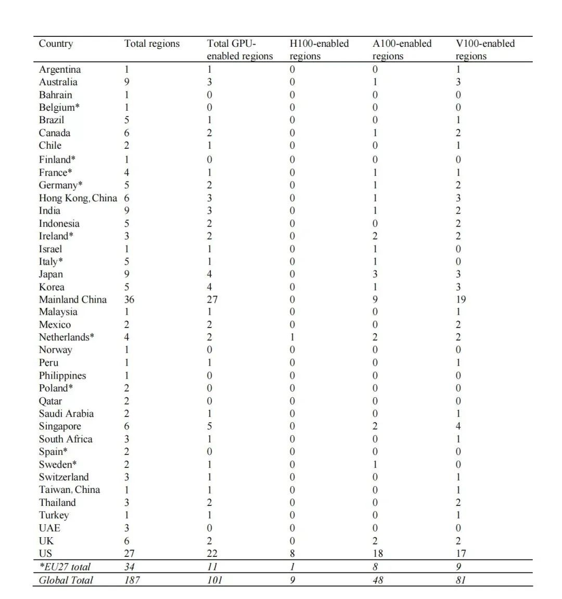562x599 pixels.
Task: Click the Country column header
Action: click(56, 44)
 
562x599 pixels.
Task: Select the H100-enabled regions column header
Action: click(318, 49)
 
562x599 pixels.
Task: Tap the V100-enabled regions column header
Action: click(485, 49)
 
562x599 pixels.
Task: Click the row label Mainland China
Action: click(72, 299)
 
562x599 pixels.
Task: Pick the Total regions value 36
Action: click(129, 299)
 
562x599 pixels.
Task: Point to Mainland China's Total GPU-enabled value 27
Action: click(212, 299)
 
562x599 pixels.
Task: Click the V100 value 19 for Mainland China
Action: click(461, 299)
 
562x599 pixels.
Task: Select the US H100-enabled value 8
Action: click(292, 553)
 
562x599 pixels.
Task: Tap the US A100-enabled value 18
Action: click(378, 553)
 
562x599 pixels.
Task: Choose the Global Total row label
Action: click(66, 580)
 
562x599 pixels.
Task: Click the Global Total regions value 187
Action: click(132, 580)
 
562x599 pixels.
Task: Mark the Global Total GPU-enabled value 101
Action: click(214, 580)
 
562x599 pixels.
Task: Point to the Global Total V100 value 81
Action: click(461, 580)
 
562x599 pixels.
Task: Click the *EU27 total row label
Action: click(65, 567)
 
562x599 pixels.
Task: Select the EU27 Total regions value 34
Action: click(130, 567)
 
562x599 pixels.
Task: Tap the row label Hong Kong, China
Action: click(78, 198)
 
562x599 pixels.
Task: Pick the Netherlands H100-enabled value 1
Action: click(292, 337)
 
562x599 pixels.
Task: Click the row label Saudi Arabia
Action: click(66, 414)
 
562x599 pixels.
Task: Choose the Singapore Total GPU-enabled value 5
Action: click(210, 426)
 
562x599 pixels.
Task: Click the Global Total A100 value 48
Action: click(378, 580)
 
